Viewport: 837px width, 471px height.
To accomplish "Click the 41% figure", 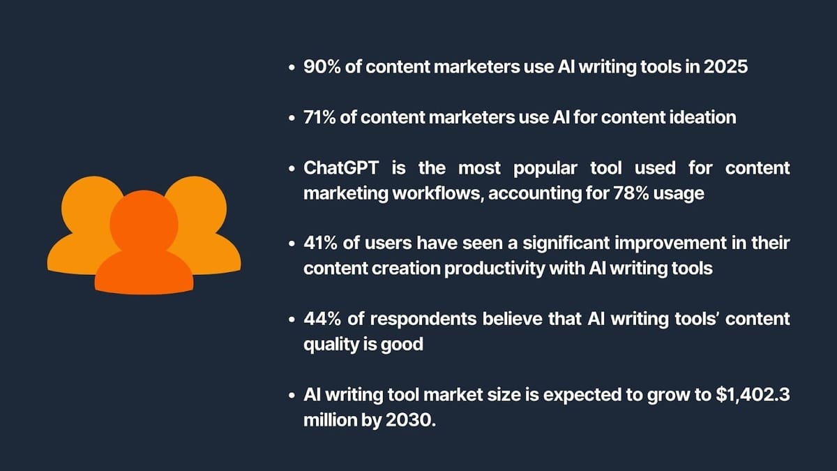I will point(320,244).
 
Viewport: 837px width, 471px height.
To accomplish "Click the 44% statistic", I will point(320,319).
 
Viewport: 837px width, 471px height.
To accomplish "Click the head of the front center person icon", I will point(144,224).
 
